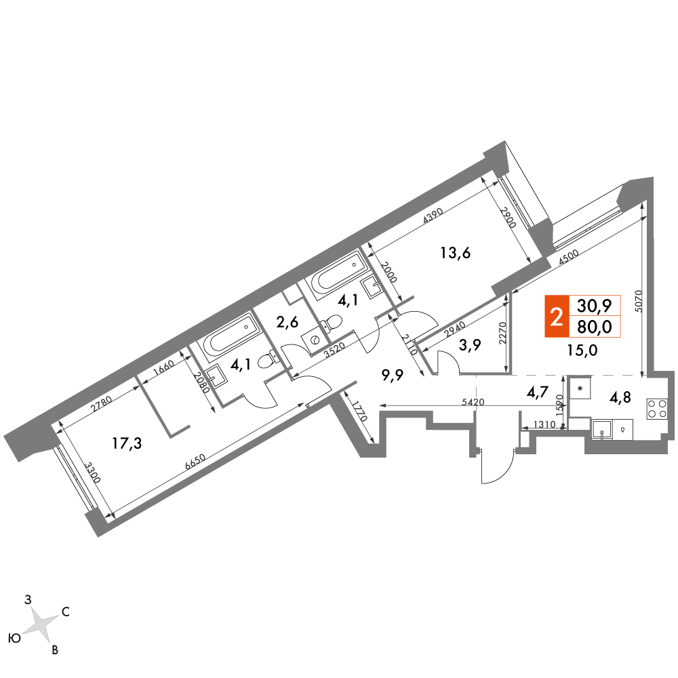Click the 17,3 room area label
(128, 444)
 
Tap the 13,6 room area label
(456, 254)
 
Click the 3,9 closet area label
(470, 345)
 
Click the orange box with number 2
(556, 316)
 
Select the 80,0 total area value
(595, 327)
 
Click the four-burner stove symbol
(656, 407)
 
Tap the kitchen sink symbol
(602, 430)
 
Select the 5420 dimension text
(471, 402)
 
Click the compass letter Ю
(14, 638)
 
